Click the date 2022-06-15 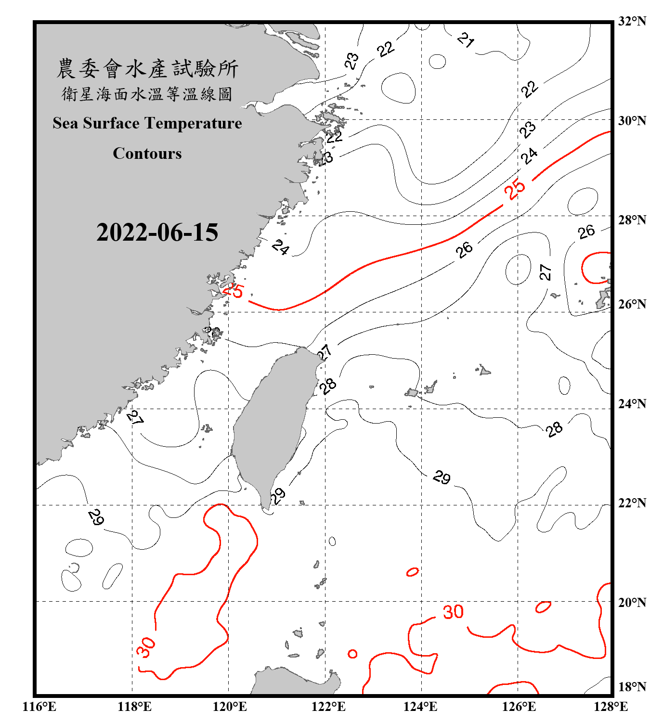pos(157,232)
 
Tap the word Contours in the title pos(147,154)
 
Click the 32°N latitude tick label pos(632,21)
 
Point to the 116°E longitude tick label pos(39,707)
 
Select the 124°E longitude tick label pos(421,707)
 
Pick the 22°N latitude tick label pos(632,503)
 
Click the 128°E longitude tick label pos(611,707)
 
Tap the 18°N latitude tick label pos(632,687)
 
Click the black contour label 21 pos(466,40)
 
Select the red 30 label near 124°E pos(453,612)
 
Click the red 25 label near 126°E pos(515,189)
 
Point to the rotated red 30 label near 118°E pos(146,647)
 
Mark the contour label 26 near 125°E pos(465,249)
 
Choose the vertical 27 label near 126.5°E pos(545,272)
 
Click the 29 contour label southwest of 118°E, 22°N pos(96,517)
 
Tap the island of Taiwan pos(272,424)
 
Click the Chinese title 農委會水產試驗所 pos(147,69)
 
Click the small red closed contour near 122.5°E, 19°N pos(352,654)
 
